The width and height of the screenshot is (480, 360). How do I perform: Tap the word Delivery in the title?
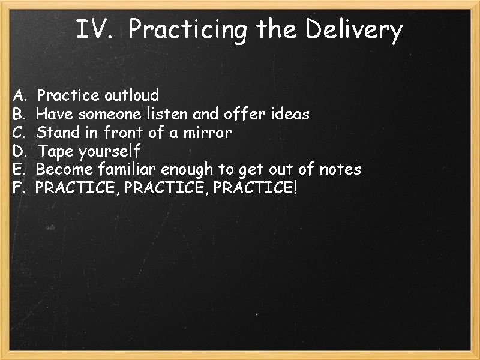[x=353, y=30]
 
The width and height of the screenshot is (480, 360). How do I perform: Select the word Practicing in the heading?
[x=187, y=30]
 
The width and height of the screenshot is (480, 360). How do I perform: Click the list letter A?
[x=19, y=95]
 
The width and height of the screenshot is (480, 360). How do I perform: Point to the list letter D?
[x=19, y=151]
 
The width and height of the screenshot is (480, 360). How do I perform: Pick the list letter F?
[x=18, y=188]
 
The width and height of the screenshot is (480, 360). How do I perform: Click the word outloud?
[x=132, y=95]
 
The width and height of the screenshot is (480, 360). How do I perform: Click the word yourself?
[x=110, y=151]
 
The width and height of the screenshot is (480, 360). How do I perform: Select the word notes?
[x=340, y=169]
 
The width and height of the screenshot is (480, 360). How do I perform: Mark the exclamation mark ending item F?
[x=294, y=188]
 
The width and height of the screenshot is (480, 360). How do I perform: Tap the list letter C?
[x=19, y=132]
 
